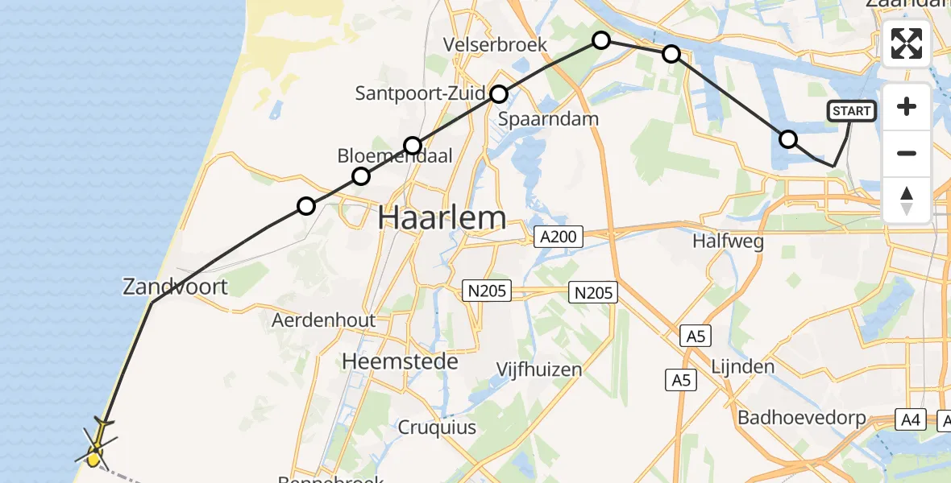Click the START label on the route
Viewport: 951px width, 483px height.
(x=851, y=111)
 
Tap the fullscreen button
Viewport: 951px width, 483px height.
(x=907, y=43)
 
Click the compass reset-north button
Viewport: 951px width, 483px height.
(x=907, y=200)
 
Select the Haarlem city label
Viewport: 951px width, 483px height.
(x=442, y=217)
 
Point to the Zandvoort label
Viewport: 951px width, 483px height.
(x=175, y=286)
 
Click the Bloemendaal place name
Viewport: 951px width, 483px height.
(x=394, y=156)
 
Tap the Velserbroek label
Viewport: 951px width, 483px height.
(x=495, y=44)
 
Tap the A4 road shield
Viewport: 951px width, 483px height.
(x=912, y=419)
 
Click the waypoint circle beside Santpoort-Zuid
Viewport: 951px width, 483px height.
(x=499, y=94)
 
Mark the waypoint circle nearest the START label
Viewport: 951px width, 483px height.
(x=788, y=139)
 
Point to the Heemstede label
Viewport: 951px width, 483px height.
(x=400, y=361)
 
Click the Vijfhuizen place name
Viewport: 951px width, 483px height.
(x=538, y=369)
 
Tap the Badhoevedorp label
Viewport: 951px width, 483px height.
(x=801, y=419)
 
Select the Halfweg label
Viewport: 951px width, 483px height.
(x=728, y=241)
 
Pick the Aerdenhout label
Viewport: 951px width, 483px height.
(x=323, y=320)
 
